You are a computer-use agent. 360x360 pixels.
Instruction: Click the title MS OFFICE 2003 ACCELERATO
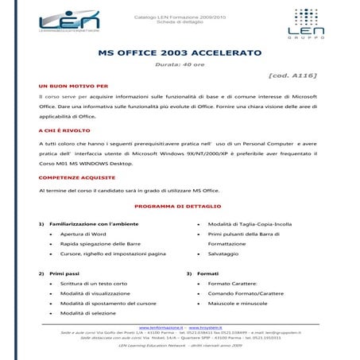[x=179, y=53]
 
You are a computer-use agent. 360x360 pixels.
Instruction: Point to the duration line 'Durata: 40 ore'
[x=179, y=64]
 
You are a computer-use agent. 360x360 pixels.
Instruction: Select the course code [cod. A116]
[x=293, y=75]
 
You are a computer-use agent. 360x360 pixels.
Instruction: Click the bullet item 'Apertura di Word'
[x=83, y=234]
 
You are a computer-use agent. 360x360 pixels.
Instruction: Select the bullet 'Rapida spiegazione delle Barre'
[x=100, y=244]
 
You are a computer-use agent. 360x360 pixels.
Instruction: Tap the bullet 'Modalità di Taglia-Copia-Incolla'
[x=250, y=224]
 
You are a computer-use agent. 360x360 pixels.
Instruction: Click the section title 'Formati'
[x=208, y=273]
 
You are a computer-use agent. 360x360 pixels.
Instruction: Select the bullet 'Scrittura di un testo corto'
[x=94, y=284]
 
